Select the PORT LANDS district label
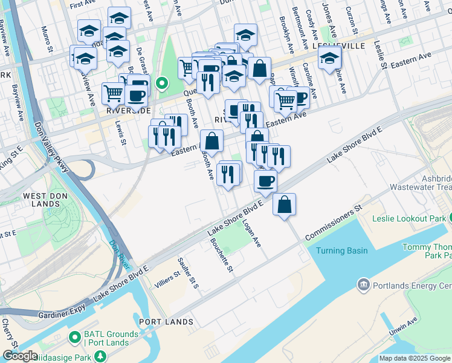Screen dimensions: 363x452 [x=161, y=321]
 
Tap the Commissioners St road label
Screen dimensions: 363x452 [x=334, y=223]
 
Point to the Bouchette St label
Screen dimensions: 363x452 [x=221, y=255]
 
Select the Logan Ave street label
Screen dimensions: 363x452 [x=251, y=233]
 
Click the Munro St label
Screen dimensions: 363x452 [x=47, y=34]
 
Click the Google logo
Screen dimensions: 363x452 [x=21, y=356]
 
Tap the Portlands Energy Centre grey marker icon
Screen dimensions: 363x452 [x=363, y=284]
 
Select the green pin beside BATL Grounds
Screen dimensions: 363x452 [x=75, y=336]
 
